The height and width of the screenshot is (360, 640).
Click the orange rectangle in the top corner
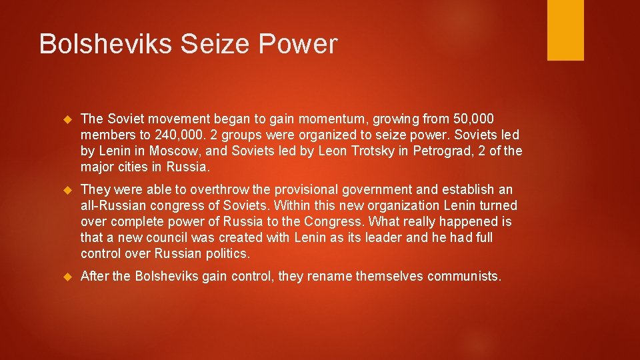[x=565, y=29]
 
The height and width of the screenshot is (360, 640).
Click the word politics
[x=226, y=253]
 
